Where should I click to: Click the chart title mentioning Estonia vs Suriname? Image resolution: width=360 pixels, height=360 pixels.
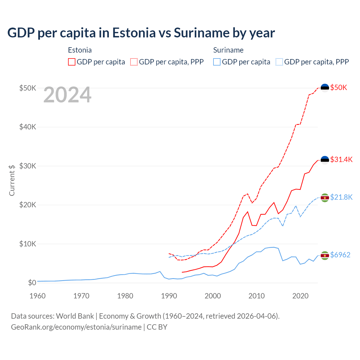pos(141,33)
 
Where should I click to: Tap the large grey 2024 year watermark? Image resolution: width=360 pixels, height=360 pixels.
pos(67,95)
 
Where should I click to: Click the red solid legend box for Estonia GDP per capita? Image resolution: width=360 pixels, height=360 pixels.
pos(72,62)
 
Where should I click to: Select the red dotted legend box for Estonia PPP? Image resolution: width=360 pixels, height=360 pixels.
pos(134,62)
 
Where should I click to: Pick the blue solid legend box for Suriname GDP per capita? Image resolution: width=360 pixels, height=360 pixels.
pos(217,62)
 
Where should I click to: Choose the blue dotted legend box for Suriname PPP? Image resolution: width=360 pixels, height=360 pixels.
pos(279,62)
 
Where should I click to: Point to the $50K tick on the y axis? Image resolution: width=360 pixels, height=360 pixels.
pos(28,88)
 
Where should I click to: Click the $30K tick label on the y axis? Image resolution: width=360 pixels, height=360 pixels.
pos(28,166)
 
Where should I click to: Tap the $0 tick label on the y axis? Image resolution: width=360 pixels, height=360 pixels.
pos(32,283)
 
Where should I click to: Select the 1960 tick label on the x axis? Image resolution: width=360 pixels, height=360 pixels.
pos(37,296)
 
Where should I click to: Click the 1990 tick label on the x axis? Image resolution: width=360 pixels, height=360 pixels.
pos(169,296)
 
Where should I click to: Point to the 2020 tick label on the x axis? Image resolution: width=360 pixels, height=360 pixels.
pos(300,296)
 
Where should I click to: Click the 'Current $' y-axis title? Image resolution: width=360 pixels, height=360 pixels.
pos(12,180)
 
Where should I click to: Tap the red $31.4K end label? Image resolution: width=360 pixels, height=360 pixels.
pos(341,159)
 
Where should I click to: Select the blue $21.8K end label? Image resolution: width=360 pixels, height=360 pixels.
pos(341,197)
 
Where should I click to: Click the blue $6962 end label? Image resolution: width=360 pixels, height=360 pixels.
pos(340,255)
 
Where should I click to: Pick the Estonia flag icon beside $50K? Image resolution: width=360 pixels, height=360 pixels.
pos(325,88)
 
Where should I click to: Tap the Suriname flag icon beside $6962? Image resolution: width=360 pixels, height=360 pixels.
pos(325,255)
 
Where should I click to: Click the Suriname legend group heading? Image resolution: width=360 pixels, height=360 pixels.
pos(228,50)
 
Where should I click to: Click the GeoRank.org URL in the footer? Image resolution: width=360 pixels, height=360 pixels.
pos(76,327)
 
